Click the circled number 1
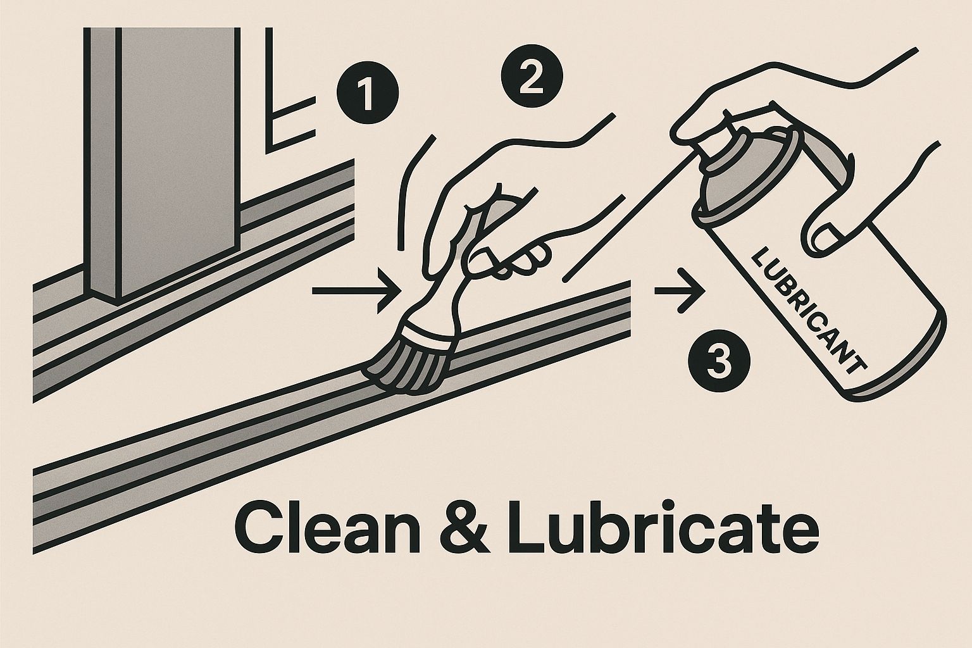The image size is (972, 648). (368, 93)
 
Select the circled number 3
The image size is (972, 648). (719, 361)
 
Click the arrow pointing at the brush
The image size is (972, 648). (356, 291)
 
